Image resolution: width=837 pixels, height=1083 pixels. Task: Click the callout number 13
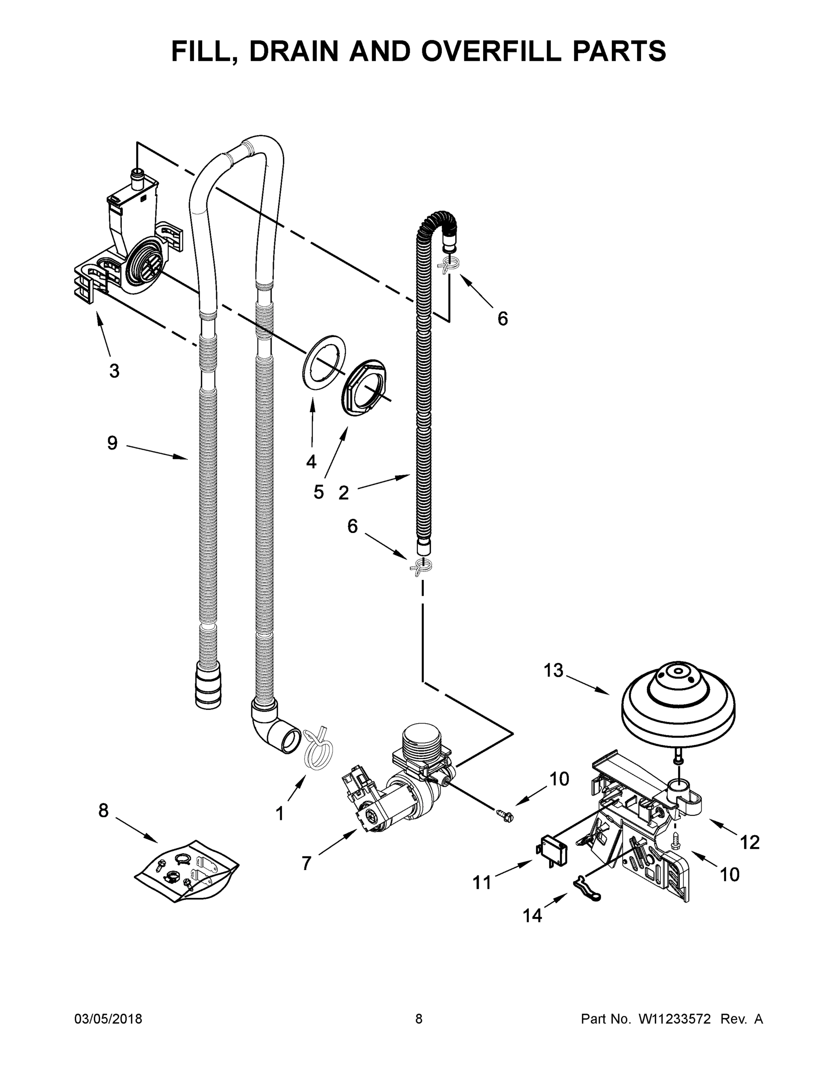point(553,671)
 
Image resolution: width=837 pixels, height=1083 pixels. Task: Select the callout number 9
point(112,443)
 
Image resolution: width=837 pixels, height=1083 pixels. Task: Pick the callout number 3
point(114,370)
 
